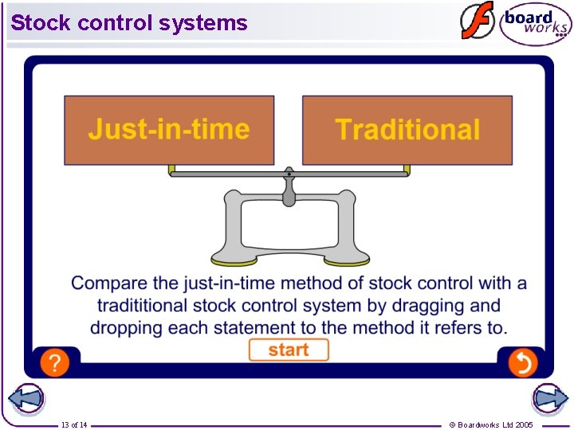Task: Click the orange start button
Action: (x=288, y=350)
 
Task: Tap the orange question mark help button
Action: (x=54, y=363)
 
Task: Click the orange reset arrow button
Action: (x=523, y=363)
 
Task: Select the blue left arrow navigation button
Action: (x=26, y=399)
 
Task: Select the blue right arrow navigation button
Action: (x=549, y=399)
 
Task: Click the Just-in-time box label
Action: (x=169, y=130)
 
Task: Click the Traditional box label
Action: (x=407, y=130)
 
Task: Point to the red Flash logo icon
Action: (x=478, y=21)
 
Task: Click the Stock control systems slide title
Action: (x=129, y=23)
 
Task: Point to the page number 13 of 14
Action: (x=74, y=424)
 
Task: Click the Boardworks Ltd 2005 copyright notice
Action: (x=491, y=424)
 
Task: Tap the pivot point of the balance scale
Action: (x=289, y=174)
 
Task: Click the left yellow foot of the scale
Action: (x=234, y=260)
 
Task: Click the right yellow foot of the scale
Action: (x=347, y=260)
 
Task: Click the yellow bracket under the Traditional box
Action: (x=407, y=170)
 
